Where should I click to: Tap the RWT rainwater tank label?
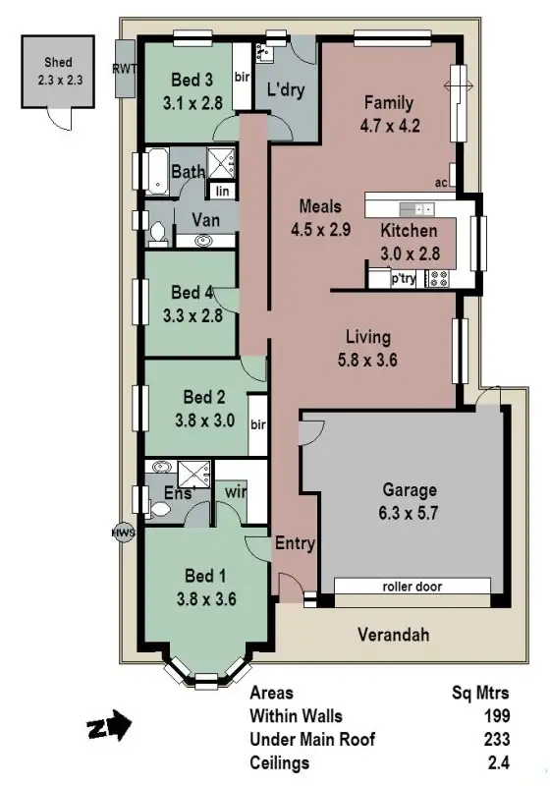coord(126,68)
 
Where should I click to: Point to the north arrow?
coord(107,728)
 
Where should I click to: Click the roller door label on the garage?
coord(412,587)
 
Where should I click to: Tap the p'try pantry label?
coord(404,279)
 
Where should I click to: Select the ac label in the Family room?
coord(441,183)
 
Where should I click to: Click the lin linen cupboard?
coord(223,192)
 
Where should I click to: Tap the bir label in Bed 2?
coord(258,425)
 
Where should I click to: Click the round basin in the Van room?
coord(206,240)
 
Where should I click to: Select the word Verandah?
coord(395,635)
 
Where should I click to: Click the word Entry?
coord(294,543)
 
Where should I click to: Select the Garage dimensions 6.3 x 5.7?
coord(411,513)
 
